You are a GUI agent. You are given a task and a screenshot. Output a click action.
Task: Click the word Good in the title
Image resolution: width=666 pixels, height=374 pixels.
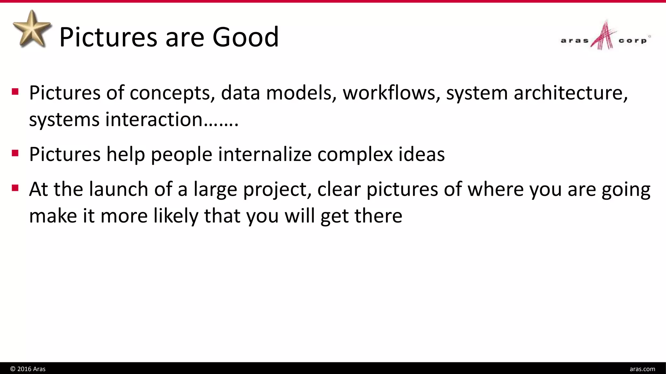pos(246,37)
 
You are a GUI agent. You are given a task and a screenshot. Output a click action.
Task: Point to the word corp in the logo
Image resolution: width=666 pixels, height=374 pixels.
pos(633,41)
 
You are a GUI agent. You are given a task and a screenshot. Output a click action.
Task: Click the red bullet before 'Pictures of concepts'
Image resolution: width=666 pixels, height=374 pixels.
pos(15,92)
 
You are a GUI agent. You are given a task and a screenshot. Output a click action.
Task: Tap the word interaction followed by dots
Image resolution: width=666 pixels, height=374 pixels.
pos(172,119)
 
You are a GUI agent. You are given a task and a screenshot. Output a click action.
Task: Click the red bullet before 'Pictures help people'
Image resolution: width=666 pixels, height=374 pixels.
pos(15,153)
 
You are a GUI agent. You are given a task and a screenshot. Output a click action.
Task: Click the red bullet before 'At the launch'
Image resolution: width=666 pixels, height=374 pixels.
pos(15,188)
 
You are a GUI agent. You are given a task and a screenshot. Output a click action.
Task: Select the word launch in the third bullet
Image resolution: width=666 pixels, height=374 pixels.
pos(118,189)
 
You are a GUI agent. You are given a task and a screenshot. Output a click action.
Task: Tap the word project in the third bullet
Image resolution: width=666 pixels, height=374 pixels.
pos(277,190)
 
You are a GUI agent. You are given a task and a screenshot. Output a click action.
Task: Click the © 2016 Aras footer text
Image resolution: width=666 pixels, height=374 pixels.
pos(28,369)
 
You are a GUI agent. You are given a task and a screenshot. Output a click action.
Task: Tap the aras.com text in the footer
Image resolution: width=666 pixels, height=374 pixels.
pos(642,369)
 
